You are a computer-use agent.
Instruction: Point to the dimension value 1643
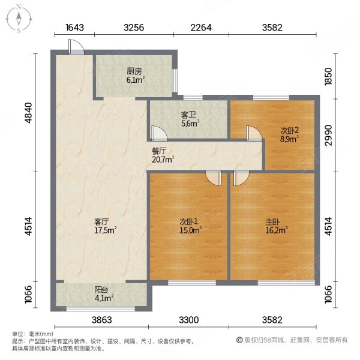(x=74, y=26)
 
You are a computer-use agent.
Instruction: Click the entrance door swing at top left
(x=74, y=48)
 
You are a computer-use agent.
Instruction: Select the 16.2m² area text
(x=278, y=229)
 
